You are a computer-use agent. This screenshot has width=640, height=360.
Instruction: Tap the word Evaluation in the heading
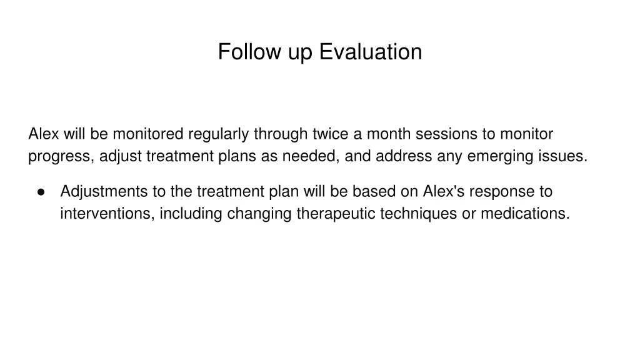pos(371,52)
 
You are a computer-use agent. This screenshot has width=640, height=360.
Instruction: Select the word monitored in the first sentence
pos(147,134)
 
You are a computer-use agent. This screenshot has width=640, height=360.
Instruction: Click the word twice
pos(331,134)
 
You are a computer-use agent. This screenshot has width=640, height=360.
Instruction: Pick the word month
pos(389,134)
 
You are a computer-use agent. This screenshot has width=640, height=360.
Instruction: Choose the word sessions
pos(446,134)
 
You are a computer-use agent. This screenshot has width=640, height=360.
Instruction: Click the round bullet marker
pos(41,192)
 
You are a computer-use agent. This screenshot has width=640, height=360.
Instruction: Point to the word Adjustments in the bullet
pos(104,192)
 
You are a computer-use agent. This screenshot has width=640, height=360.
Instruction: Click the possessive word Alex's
pos(444,191)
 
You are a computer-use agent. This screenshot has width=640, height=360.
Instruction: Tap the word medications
pos(525,214)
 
